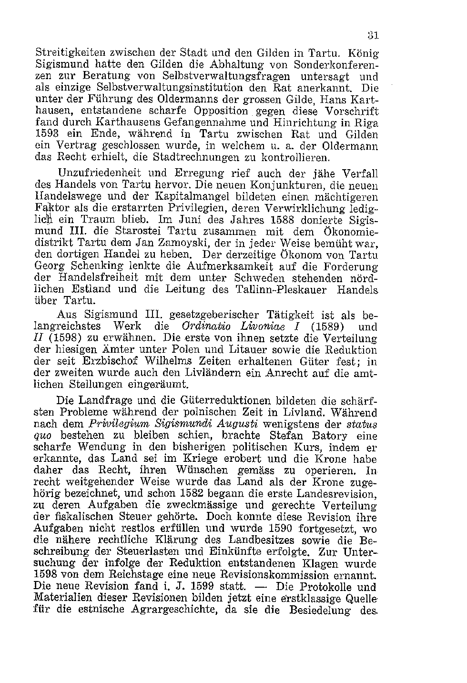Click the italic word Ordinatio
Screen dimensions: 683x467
pyautogui.click(x=206, y=327)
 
